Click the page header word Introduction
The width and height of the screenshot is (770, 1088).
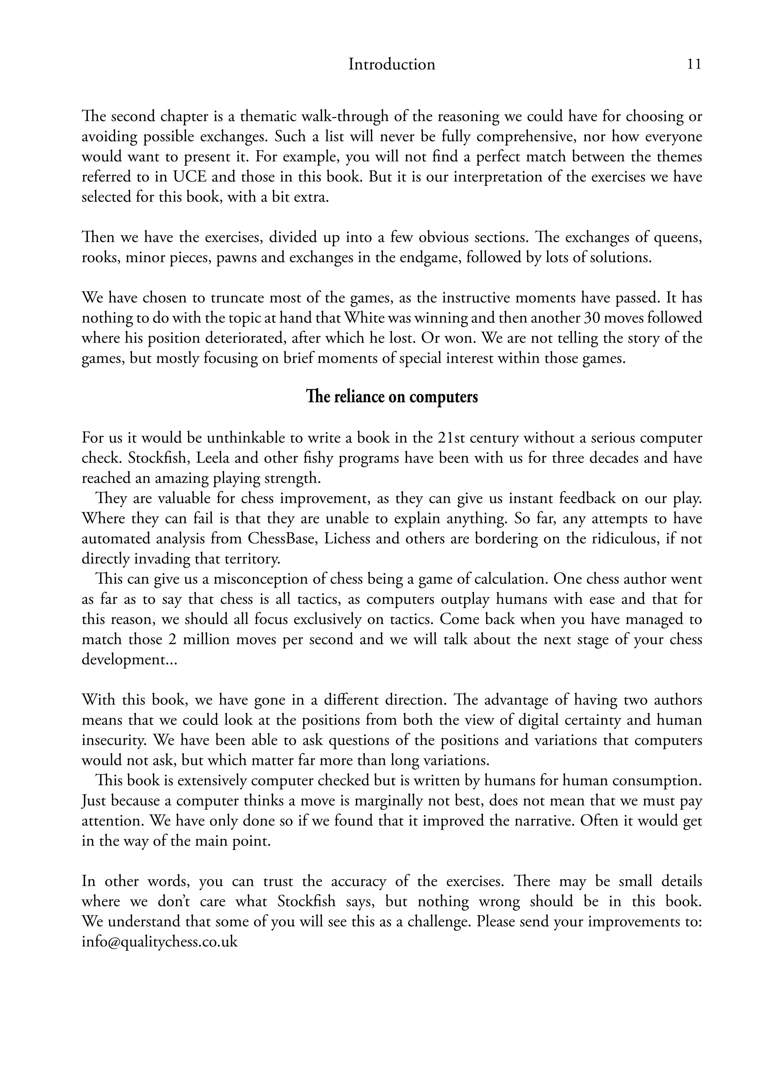392,64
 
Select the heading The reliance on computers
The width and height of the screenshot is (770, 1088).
392,397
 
